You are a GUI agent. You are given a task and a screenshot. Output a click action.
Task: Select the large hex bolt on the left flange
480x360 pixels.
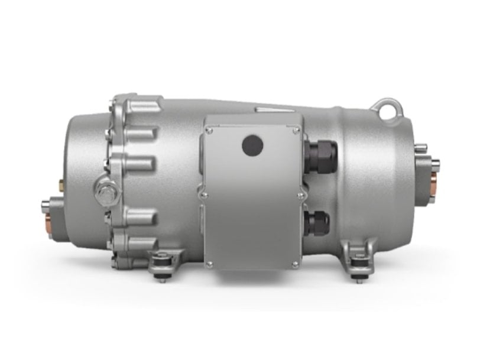(x=106, y=192)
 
